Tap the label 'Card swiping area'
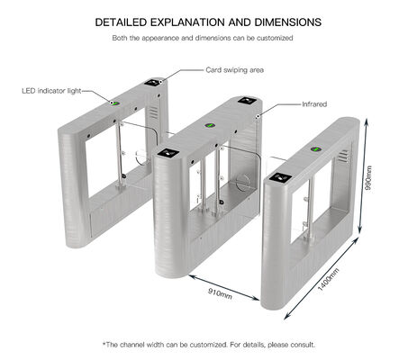233,69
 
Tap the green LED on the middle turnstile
210,125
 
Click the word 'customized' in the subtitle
273,39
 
